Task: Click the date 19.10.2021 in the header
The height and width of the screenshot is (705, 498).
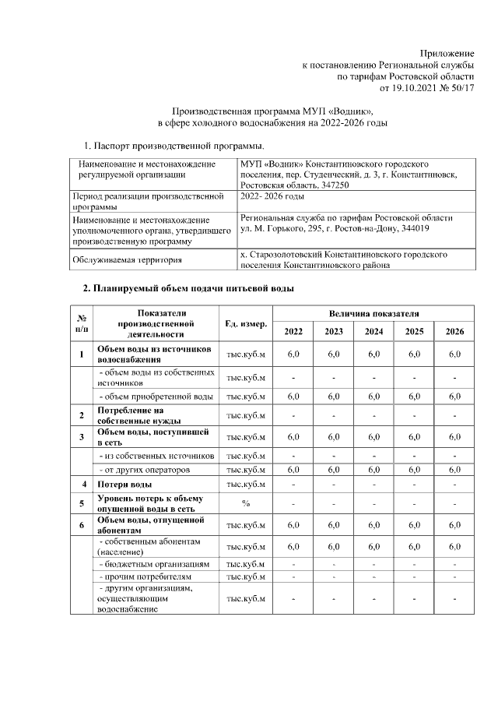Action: pos(403,89)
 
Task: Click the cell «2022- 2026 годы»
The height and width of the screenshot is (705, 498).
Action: pos(272,199)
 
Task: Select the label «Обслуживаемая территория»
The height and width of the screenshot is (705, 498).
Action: pos(126,260)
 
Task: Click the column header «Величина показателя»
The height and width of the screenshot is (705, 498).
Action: pos(373,314)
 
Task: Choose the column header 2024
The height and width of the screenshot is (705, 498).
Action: pos(373,333)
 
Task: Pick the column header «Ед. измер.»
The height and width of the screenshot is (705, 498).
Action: pos(246,323)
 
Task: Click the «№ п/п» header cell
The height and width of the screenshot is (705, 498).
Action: pos(81,323)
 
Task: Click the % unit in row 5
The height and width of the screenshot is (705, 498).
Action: pos(246,503)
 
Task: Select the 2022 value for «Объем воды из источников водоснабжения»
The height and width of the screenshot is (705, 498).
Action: pos(293,354)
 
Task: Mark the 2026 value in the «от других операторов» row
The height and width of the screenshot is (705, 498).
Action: pos(454,470)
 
